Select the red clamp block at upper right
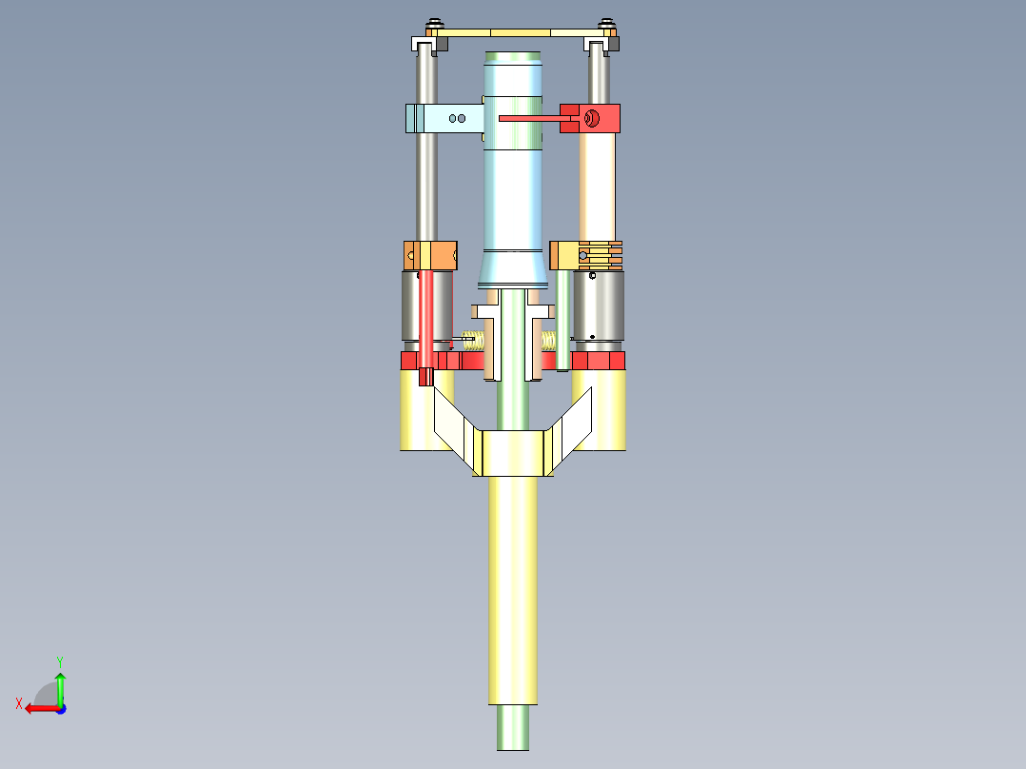click(x=605, y=118)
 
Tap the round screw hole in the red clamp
click(x=591, y=118)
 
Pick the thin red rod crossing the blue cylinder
click(x=529, y=119)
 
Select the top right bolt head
click(x=605, y=25)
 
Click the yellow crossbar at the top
click(x=519, y=32)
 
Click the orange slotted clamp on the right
click(x=588, y=255)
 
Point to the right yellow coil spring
click(x=549, y=340)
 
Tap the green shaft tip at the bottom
click(x=512, y=728)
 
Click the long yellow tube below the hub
click(x=513, y=590)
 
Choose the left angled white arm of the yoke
click(x=453, y=426)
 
